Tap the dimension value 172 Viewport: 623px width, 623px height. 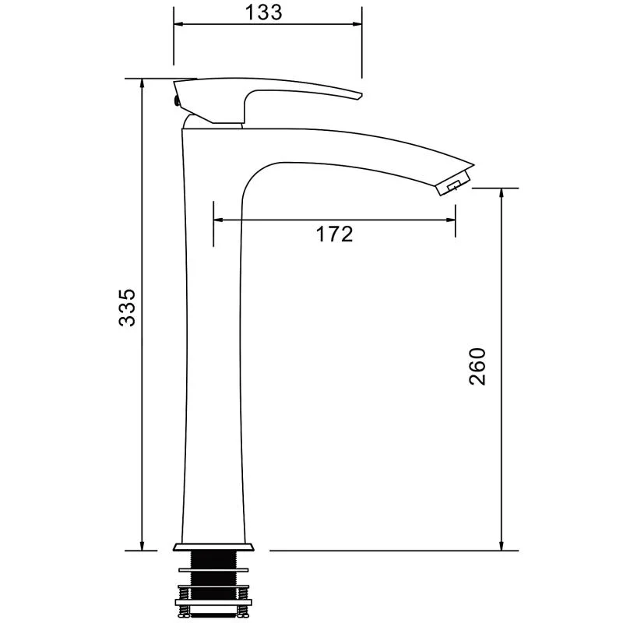[335, 234]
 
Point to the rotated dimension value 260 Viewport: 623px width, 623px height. [477, 366]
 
